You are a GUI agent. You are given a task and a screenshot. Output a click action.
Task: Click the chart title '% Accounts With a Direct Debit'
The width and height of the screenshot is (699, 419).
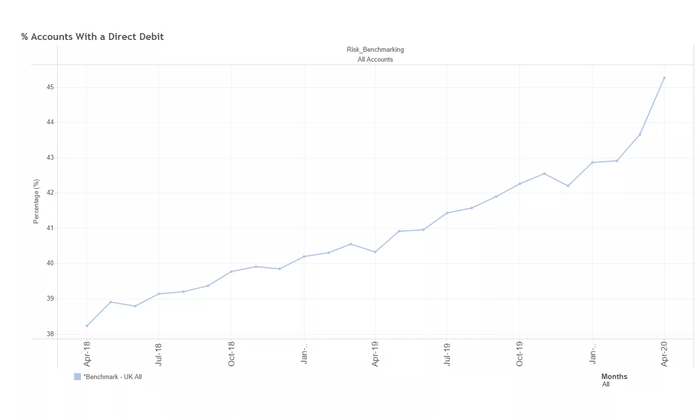coord(92,37)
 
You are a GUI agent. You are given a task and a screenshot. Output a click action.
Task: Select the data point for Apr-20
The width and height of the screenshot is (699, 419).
coord(664,78)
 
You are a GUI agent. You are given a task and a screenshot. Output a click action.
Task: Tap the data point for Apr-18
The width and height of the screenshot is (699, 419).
coord(87,326)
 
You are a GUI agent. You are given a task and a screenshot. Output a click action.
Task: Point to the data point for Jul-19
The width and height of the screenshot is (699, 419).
coord(447,213)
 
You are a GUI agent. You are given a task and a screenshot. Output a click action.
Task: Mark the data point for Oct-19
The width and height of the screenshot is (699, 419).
coord(519,184)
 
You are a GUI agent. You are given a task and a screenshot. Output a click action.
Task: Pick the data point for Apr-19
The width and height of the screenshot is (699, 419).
coord(375,252)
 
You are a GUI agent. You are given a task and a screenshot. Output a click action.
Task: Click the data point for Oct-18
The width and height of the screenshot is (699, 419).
coord(231,272)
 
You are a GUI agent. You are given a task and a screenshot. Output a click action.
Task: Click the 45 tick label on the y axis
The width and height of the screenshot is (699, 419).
coord(50,87)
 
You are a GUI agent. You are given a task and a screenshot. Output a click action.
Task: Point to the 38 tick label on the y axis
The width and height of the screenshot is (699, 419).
coord(50,334)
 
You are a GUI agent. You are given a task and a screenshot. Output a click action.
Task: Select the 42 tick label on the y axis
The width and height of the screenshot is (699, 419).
coord(50,193)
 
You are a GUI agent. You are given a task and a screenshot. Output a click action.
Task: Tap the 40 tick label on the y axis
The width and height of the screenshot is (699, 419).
coord(50,263)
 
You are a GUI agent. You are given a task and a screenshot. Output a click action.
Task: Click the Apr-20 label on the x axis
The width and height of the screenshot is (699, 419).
coord(664,353)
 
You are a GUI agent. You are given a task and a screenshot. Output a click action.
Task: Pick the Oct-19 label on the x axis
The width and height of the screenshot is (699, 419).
coord(519,353)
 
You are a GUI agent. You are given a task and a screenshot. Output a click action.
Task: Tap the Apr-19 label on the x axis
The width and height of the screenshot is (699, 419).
coord(375,353)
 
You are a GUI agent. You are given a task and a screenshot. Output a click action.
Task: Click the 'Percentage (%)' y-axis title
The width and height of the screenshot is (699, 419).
coord(36,202)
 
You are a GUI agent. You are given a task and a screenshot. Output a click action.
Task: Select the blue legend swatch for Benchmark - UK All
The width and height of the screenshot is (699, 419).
coord(77,377)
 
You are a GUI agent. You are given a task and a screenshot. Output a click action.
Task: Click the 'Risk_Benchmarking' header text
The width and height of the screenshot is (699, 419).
coord(375,50)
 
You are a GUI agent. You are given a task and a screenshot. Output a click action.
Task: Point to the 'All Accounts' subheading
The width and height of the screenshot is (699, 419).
coord(375,60)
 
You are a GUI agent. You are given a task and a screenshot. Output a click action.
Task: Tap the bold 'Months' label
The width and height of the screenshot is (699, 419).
coord(614,377)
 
